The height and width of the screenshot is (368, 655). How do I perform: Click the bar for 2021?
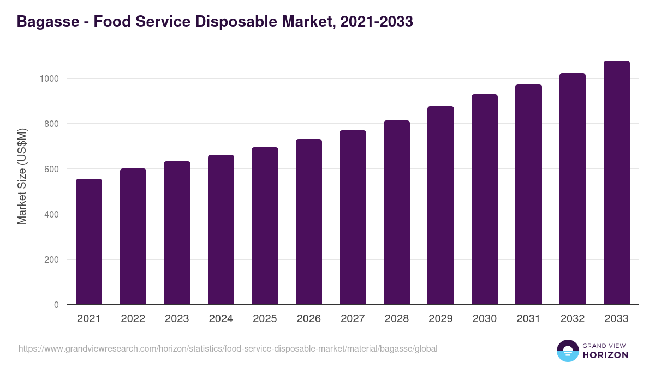[x=89, y=242]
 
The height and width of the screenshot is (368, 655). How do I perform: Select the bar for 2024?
[x=221, y=230]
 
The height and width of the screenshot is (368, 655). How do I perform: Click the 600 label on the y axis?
[x=51, y=169]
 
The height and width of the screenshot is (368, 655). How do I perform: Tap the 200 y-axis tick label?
[x=51, y=260]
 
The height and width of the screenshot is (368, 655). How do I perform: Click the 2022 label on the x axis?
[x=133, y=319]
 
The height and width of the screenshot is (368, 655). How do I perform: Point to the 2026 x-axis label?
[x=309, y=319]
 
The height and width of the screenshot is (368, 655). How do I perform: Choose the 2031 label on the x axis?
[x=528, y=319]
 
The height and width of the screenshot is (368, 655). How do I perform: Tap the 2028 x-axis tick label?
[x=397, y=319]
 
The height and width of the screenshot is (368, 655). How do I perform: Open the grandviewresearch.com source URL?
[x=228, y=348]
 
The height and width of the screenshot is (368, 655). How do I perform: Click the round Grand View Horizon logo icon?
[x=567, y=351]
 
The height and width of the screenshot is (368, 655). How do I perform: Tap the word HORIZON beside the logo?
[x=605, y=355]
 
